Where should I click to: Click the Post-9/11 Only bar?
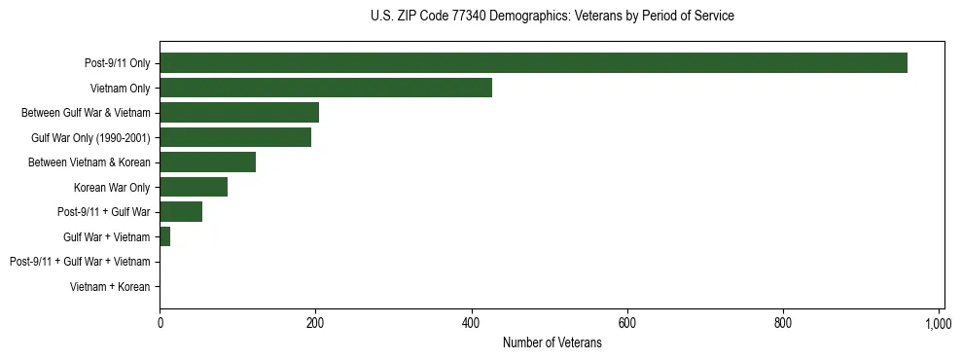533,63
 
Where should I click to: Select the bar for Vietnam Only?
326,88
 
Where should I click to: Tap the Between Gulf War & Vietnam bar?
239,113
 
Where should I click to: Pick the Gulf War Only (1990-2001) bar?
235,137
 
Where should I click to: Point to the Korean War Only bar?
194,187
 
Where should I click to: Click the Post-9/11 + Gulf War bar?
181,212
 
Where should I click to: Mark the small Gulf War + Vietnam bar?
165,236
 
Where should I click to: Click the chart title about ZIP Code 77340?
552,17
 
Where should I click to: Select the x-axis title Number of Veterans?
552,343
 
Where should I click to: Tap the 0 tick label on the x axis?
160,323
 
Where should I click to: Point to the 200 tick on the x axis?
315,323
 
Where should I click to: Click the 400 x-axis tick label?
471,323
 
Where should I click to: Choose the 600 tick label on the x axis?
626,323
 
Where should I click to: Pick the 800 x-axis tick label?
783,323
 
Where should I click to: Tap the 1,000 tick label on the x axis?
938,323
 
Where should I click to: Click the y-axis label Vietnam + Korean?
110,287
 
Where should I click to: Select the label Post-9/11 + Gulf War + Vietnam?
80,262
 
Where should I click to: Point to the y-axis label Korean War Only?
112,188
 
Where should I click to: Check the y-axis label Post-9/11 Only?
118,63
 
